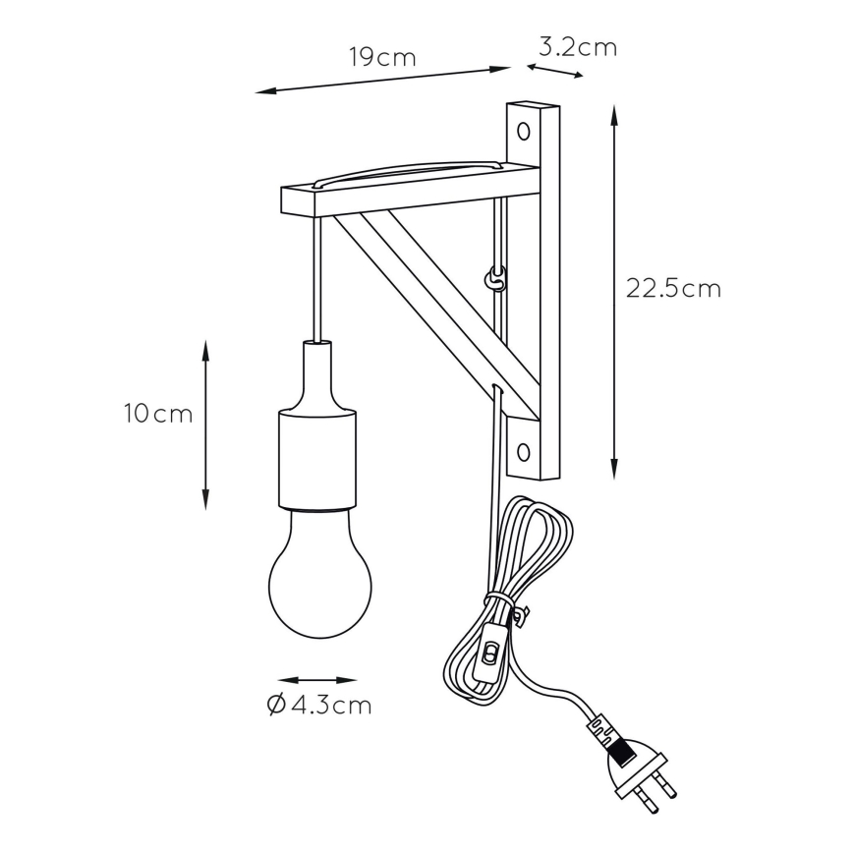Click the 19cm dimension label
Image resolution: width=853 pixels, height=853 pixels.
click(x=382, y=57)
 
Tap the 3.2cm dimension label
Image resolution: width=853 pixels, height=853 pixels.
click(x=578, y=46)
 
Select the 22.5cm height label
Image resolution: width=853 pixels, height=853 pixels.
click(x=673, y=288)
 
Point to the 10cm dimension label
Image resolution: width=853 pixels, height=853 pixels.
click(x=158, y=414)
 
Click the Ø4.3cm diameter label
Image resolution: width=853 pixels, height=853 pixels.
click(x=318, y=705)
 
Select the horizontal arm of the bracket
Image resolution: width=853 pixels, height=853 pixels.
click(x=393, y=197)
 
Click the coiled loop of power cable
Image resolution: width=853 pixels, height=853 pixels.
click(x=531, y=560)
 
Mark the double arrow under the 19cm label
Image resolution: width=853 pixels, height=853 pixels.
click(x=382, y=81)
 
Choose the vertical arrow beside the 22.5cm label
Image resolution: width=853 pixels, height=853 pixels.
click(x=614, y=290)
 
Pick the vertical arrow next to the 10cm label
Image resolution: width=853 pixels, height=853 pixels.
click(x=205, y=425)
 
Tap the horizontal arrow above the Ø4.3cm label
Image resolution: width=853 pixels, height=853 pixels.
click(x=317, y=680)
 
